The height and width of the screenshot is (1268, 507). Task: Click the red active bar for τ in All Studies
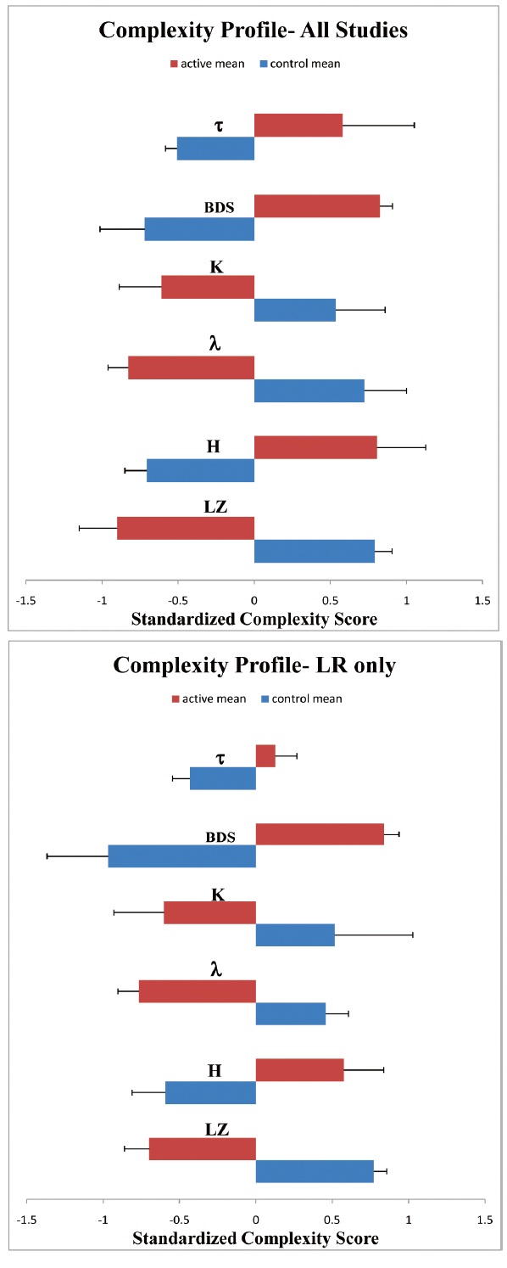pos(298,125)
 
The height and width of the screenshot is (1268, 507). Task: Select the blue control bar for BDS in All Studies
pos(199,228)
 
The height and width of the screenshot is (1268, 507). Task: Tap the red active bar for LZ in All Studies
pos(186,528)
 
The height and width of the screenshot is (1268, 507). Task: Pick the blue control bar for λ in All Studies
pos(309,390)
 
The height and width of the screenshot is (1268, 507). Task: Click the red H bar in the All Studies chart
pos(315,447)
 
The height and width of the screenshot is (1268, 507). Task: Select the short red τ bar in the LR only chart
pos(265,756)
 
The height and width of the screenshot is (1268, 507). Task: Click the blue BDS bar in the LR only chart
pos(182,856)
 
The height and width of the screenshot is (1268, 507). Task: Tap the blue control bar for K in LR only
pos(295,935)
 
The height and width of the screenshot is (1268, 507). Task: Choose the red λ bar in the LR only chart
pos(198,992)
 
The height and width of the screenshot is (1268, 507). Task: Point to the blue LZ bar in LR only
pos(315,1172)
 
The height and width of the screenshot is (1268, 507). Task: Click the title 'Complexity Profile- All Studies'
pos(253,30)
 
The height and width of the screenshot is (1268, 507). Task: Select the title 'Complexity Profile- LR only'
pos(254,665)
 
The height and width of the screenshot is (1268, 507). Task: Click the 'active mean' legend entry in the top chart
pos(208,64)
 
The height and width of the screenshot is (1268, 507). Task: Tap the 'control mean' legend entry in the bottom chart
pos(302,699)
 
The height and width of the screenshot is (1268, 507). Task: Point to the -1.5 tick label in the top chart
pos(26,601)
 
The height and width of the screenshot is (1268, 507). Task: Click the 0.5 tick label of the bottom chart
pos(332,1220)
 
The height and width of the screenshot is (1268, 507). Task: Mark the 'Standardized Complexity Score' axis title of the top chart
pos(254,620)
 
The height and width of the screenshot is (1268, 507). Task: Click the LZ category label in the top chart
pos(215,507)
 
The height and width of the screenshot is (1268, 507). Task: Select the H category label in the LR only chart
pos(214,1071)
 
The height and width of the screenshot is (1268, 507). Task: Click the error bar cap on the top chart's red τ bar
pos(415,125)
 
